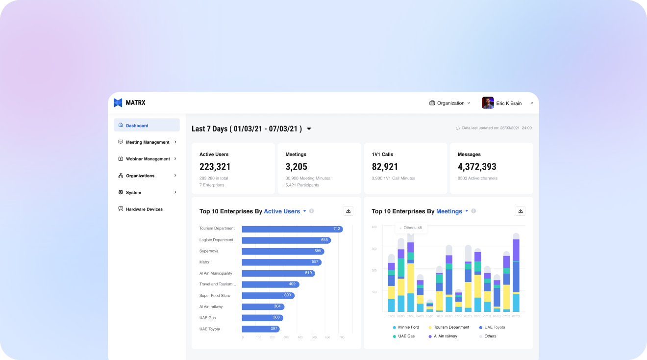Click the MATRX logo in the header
coord(129,103)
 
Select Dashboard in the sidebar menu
coord(137,126)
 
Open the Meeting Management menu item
coord(147,142)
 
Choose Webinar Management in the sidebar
coord(148,159)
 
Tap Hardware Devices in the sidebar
coord(144,209)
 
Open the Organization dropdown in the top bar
coord(450,103)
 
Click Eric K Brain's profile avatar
coord(488,103)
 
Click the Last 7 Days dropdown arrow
coord(309,129)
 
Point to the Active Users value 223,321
coord(215,167)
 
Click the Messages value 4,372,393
coord(477,167)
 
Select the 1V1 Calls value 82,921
coord(385,167)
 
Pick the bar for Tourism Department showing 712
coord(292,229)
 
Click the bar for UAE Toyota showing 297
coord(260,329)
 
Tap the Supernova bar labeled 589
coord(282,251)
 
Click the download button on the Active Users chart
coord(348,211)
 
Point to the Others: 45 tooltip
coord(412,228)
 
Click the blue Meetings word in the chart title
coord(449,211)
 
